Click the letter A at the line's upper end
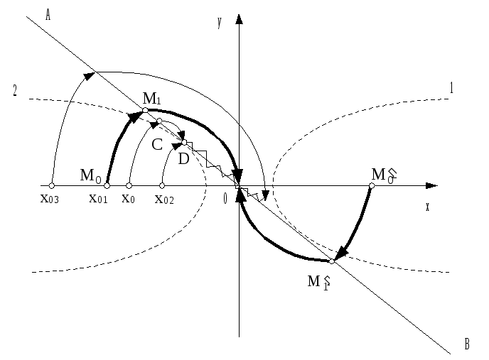pyautogui.click(x=48, y=15)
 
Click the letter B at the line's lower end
pyautogui.click(x=467, y=344)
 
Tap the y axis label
pyautogui.click(x=220, y=23)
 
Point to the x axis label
pyautogui.click(x=427, y=207)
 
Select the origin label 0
pyautogui.click(x=225, y=199)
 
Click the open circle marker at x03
pyautogui.click(x=52, y=186)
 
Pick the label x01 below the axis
pyautogui.click(x=99, y=198)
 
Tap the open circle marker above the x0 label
pyautogui.click(x=129, y=186)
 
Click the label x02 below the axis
pyautogui.click(x=164, y=199)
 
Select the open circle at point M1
pyautogui.click(x=145, y=110)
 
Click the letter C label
pyautogui.click(x=157, y=145)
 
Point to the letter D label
pyautogui.click(x=183, y=159)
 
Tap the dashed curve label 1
pyautogui.click(x=451, y=89)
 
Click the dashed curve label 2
pyautogui.click(x=15, y=90)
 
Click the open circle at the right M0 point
pyautogui.click(x=372, y=186)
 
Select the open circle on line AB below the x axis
pyautogui.click(x=332, y=261)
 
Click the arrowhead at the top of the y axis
pyautogui.click(x=240, y=18)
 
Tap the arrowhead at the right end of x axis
pyautogui.click(x=431, y=186)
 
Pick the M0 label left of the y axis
pyautogui.click(x=90, y=175)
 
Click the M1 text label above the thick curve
pyautogui.click(x=152, y=98)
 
